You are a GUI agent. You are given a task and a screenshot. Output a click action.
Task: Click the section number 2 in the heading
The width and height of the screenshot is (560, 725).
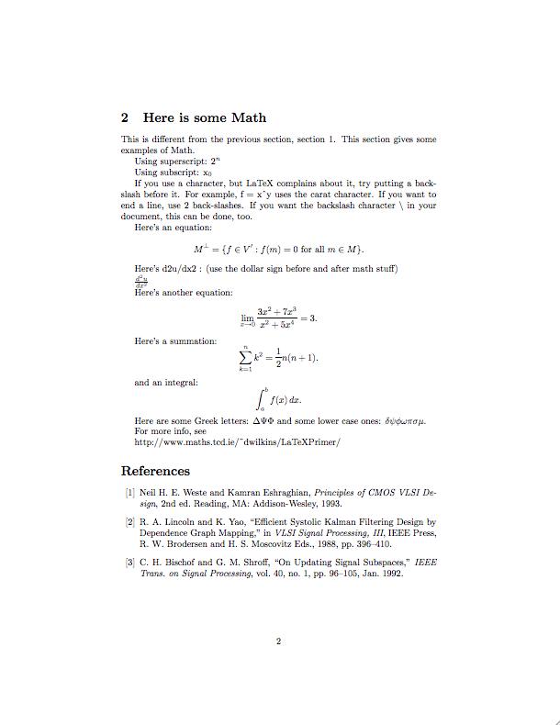tap(126, 118)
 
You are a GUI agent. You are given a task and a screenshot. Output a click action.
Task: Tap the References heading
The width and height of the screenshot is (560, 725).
tap(155, 472)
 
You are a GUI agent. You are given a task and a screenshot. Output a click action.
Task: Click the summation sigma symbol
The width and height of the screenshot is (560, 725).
tap(245, 356)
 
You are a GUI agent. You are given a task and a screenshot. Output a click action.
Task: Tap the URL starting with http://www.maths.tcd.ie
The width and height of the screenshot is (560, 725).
tap(238, 441)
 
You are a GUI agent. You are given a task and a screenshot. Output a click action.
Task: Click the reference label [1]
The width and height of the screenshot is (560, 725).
tap(129, 493)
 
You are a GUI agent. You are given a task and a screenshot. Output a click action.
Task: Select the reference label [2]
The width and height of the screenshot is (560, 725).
tap(129, 522)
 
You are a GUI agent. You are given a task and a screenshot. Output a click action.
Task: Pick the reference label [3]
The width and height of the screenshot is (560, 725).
tap(129, 563)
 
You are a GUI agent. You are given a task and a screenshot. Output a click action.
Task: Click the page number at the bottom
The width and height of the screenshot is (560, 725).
tap(278, 641)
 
